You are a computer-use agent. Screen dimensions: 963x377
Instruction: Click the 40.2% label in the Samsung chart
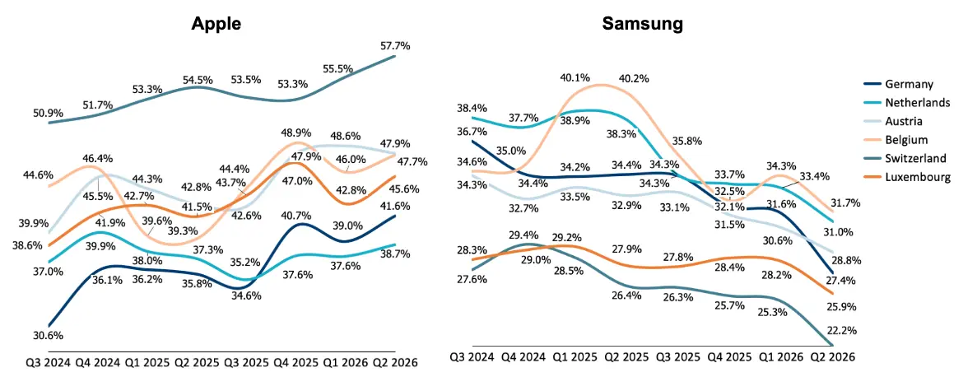point(633,78)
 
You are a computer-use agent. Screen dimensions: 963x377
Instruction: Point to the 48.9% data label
point(296,133)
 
